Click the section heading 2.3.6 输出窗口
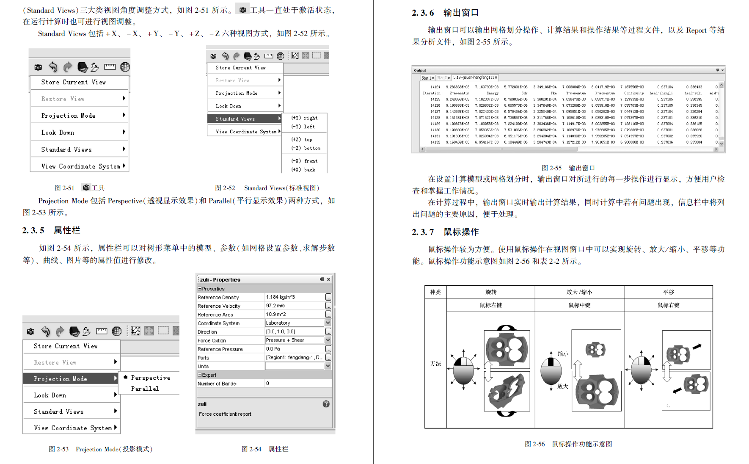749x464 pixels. tap(445, 13)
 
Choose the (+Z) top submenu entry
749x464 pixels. tap(301, 139)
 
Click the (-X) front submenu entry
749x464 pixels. tap(304, 161)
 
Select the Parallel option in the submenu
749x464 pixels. tap(145, 389)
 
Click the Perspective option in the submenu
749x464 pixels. tap(150, 378)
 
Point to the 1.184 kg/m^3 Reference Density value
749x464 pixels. tap(281, 297)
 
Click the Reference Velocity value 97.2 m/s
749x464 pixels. tap(275, 306)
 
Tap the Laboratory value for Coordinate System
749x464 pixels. tap(278, 323)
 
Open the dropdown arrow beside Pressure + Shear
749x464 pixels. tap(328, 340)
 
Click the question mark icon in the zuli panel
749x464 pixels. tap(326, 404)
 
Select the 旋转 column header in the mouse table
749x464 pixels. tap(491, 292)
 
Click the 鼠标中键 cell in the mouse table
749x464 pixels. tap(579, 305)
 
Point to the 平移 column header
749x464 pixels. tap(669, 292)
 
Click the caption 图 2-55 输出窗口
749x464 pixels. tap(568, 168)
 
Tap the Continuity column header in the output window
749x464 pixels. tap(634, 93)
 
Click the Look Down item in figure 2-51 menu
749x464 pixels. tap(58, 133)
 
